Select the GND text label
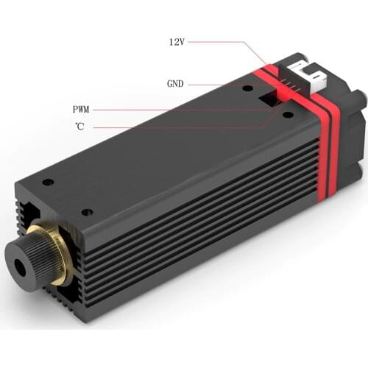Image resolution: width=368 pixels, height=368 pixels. click(174, 83)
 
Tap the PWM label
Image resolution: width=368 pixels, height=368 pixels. click(81, 109)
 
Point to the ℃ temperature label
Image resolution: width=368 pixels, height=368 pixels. click(79, 127)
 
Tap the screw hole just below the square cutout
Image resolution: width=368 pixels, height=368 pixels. click(286, 116)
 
